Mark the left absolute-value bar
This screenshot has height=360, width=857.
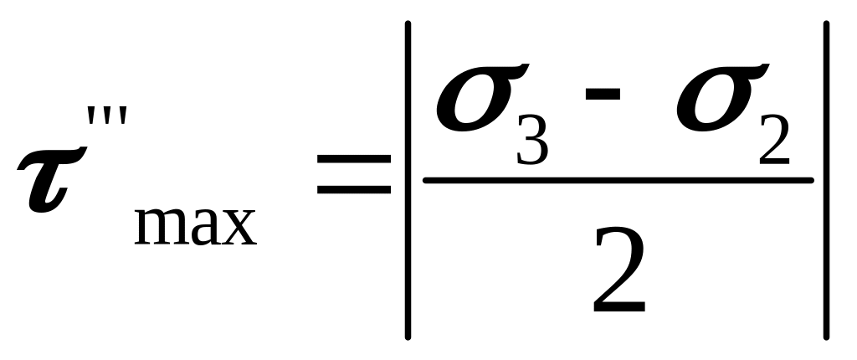(x=408, y=180)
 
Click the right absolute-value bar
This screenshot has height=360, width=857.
(x=827, y=180)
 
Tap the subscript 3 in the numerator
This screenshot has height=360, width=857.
(x=532, y=141)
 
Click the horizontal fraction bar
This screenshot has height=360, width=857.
(x=618, y=180)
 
